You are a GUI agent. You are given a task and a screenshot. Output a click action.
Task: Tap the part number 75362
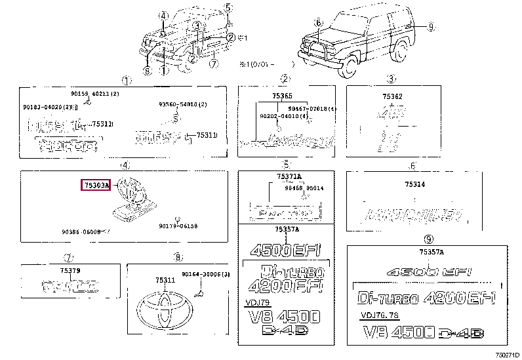(x=392, y=96)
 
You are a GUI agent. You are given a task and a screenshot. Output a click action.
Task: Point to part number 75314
(x=414, y=184)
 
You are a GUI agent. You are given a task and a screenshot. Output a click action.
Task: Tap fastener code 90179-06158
(x=178, y=226)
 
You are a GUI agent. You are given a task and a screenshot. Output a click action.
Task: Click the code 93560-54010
(x=182, y=104)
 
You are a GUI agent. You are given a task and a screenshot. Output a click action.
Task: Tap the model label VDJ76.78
(x=378, y=315)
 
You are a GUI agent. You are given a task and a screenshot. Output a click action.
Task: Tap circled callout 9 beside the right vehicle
(x=431, y=26)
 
